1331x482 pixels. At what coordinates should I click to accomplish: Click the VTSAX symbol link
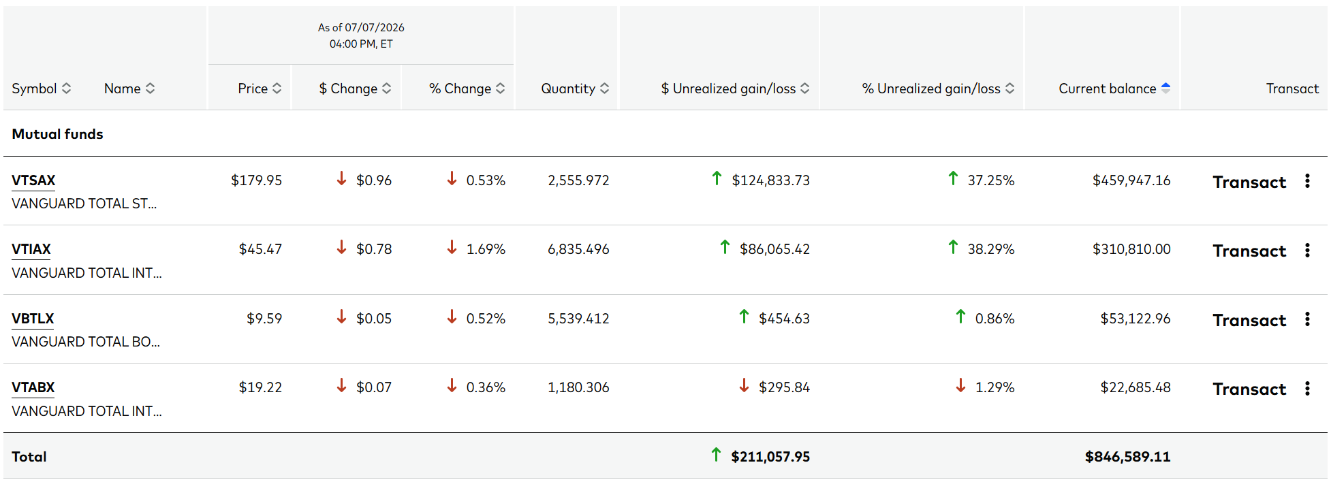[x=33, y=180]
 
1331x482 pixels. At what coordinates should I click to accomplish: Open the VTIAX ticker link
[x=31, y=249]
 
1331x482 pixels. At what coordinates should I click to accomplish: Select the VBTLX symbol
[x=33, y=319]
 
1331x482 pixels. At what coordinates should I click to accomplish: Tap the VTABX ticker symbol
[x=33, y=387]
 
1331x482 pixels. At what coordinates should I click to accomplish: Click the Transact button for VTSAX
[x=1249, y=182]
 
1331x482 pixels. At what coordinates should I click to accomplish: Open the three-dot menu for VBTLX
[x=1307, y=319]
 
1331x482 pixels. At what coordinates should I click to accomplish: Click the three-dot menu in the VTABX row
[x=1307, y=388]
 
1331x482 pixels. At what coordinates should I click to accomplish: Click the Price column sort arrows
[x=277, y=89]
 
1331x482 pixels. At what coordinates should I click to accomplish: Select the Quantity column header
[x=575, y=89]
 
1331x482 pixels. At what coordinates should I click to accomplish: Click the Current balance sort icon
[x=1165, y=88]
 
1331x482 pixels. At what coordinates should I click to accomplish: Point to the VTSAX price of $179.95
[x=256, y=180]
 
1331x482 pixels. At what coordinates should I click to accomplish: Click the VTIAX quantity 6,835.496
[x=578, y=249]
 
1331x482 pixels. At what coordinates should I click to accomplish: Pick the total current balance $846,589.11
[x=1127, y=457]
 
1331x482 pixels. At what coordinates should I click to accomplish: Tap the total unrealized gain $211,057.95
[x=770, y=457]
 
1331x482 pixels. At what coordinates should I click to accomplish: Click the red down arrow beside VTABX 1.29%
[x=960, y=386]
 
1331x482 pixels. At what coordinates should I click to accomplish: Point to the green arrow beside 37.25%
[x=953, y=178]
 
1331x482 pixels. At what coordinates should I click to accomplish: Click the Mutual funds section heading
[x=57, y=134]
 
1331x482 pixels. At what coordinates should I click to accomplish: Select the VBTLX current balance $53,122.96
[x=1136, y=319]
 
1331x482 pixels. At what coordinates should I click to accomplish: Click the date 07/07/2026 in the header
[x=375, y=28]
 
